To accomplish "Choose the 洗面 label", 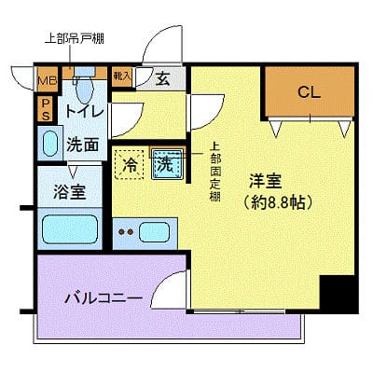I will point(83,145).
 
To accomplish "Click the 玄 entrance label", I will point(162,79).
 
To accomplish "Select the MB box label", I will point(47,80).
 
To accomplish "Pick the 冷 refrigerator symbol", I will point(129,165).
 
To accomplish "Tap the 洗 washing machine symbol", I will point(166,165).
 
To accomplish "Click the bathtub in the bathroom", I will point(70,229).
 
